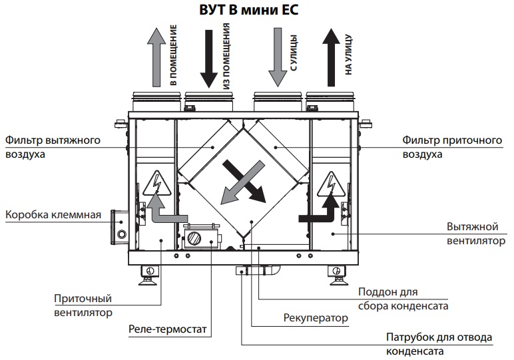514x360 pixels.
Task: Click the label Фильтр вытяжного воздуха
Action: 53,147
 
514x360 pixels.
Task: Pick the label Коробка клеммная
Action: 53,215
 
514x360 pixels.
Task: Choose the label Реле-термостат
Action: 168,329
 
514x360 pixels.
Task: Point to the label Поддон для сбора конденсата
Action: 402,299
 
